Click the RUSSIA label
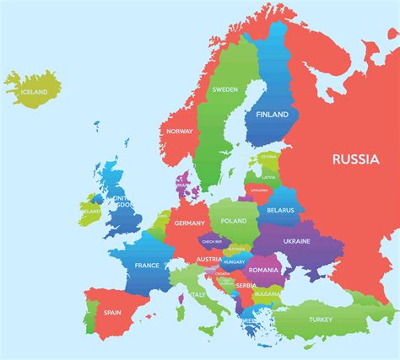355,158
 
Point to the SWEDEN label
224,89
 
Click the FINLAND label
271,115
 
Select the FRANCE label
147,266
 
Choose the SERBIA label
246,286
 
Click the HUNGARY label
234,262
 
